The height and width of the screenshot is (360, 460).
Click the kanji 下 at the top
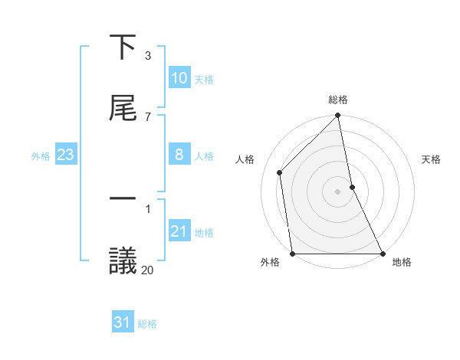pyautogui.click(x=123, y=48)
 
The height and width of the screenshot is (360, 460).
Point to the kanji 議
pyautogui.click(x=123, y=261)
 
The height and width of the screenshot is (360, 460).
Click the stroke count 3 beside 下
pyautogui.click(x=148, y=56)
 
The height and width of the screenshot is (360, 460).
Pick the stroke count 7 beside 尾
pyautogui.click(x=148, y=116)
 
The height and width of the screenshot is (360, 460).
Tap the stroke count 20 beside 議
pyautogui.click(x=148, y=270)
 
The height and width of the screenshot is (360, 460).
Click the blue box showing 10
pyautogui.click(x=179, y=78)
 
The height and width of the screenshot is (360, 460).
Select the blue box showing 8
pyautogui.click(x=179, y=155)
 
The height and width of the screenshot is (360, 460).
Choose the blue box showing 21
pyautogui.click(x=179, y=231)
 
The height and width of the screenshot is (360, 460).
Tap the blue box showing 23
pyautogui.click(x=66, y=155)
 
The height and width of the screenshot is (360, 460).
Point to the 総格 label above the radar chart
pyautogui.click(x=338, y=100)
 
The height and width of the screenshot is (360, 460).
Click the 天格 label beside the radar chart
pyautogui.click(x=432, y=159)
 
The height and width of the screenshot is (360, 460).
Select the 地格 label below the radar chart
pyautogui.click(x=402, y=263)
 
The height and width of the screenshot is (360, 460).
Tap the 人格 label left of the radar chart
pyautogui.click(x=245, y=159)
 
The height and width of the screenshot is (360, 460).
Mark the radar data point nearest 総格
pyautogui.click(x=338, y=116)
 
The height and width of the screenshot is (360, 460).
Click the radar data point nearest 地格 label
pyautogui.click(x=383, y=254)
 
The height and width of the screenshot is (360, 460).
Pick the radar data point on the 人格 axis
pyautogui.click(x=280, y=172)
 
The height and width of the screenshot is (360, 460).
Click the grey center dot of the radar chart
pyautogui.click(x=338, y=191)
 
